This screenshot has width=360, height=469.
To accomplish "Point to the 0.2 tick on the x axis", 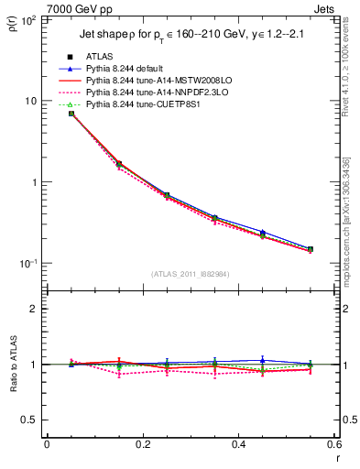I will pos(142,444).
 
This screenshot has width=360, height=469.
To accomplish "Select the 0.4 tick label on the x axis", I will pos(238,444).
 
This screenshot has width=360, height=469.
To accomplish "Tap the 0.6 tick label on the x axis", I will pos(333,444).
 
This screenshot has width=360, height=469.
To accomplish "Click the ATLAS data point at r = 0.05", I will pos(71,114).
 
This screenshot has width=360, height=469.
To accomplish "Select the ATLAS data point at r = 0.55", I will pos(310,249).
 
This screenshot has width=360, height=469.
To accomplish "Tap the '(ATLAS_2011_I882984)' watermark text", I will pos(191,274).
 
